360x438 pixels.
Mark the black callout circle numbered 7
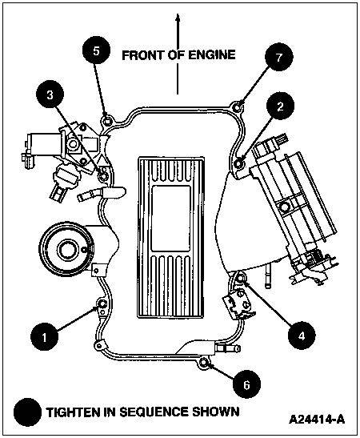pyautogui.click(x=278, y=58)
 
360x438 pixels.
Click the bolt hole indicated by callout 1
pyautogui.click(x=102, y=305)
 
